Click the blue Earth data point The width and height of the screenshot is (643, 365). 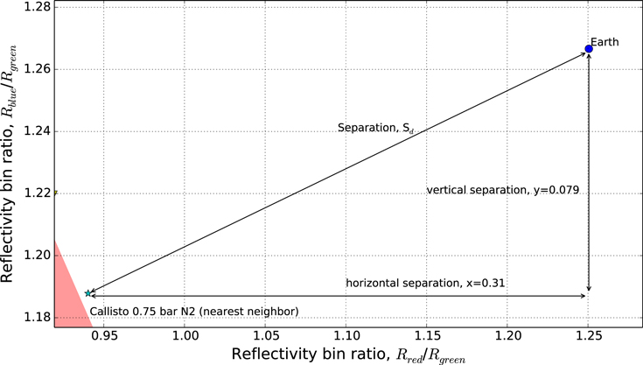[589, 48]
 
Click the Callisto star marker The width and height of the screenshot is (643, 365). [88, 293]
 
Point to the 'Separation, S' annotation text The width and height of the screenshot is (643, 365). [375, 129]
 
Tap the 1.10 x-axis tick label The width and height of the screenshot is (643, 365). [346, 335]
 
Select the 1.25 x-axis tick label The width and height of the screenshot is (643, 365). [589, 335]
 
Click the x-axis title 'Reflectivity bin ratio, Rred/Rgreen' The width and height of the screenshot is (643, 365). [348, 354]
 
